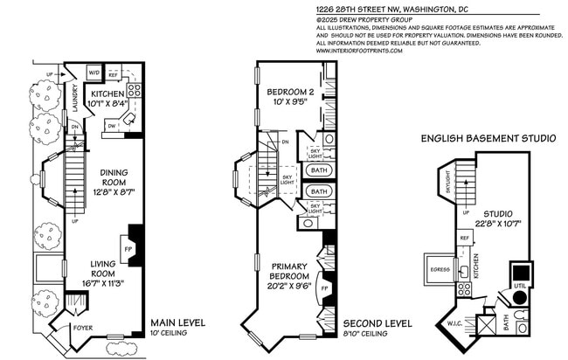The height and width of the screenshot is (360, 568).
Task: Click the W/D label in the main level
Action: click(95, 73)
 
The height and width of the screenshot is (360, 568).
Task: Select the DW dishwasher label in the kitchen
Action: click(112, 125)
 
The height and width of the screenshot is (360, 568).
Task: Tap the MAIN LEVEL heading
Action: click(178, 322)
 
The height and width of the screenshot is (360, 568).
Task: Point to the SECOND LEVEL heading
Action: click(376, 322)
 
